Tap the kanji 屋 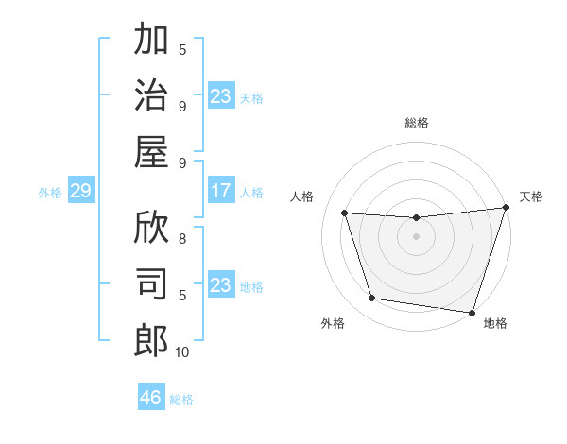(151, 151)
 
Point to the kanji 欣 (151, 228)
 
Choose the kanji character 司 (151, 283)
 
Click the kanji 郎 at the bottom (151, 340)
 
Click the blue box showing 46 (151, 397)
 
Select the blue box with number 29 (80, 192)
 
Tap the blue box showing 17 (221, 192)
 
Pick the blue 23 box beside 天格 (221, 95)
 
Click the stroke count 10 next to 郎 (182, 352)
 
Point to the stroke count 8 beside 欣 (182, 239)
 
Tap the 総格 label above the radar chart (417, 123)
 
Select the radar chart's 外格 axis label (333, 323)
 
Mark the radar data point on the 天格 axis (505, 208)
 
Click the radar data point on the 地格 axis (472, 312)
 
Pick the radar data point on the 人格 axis (345, 213)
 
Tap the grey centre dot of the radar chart (417, 236)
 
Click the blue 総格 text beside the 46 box (181, 399)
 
